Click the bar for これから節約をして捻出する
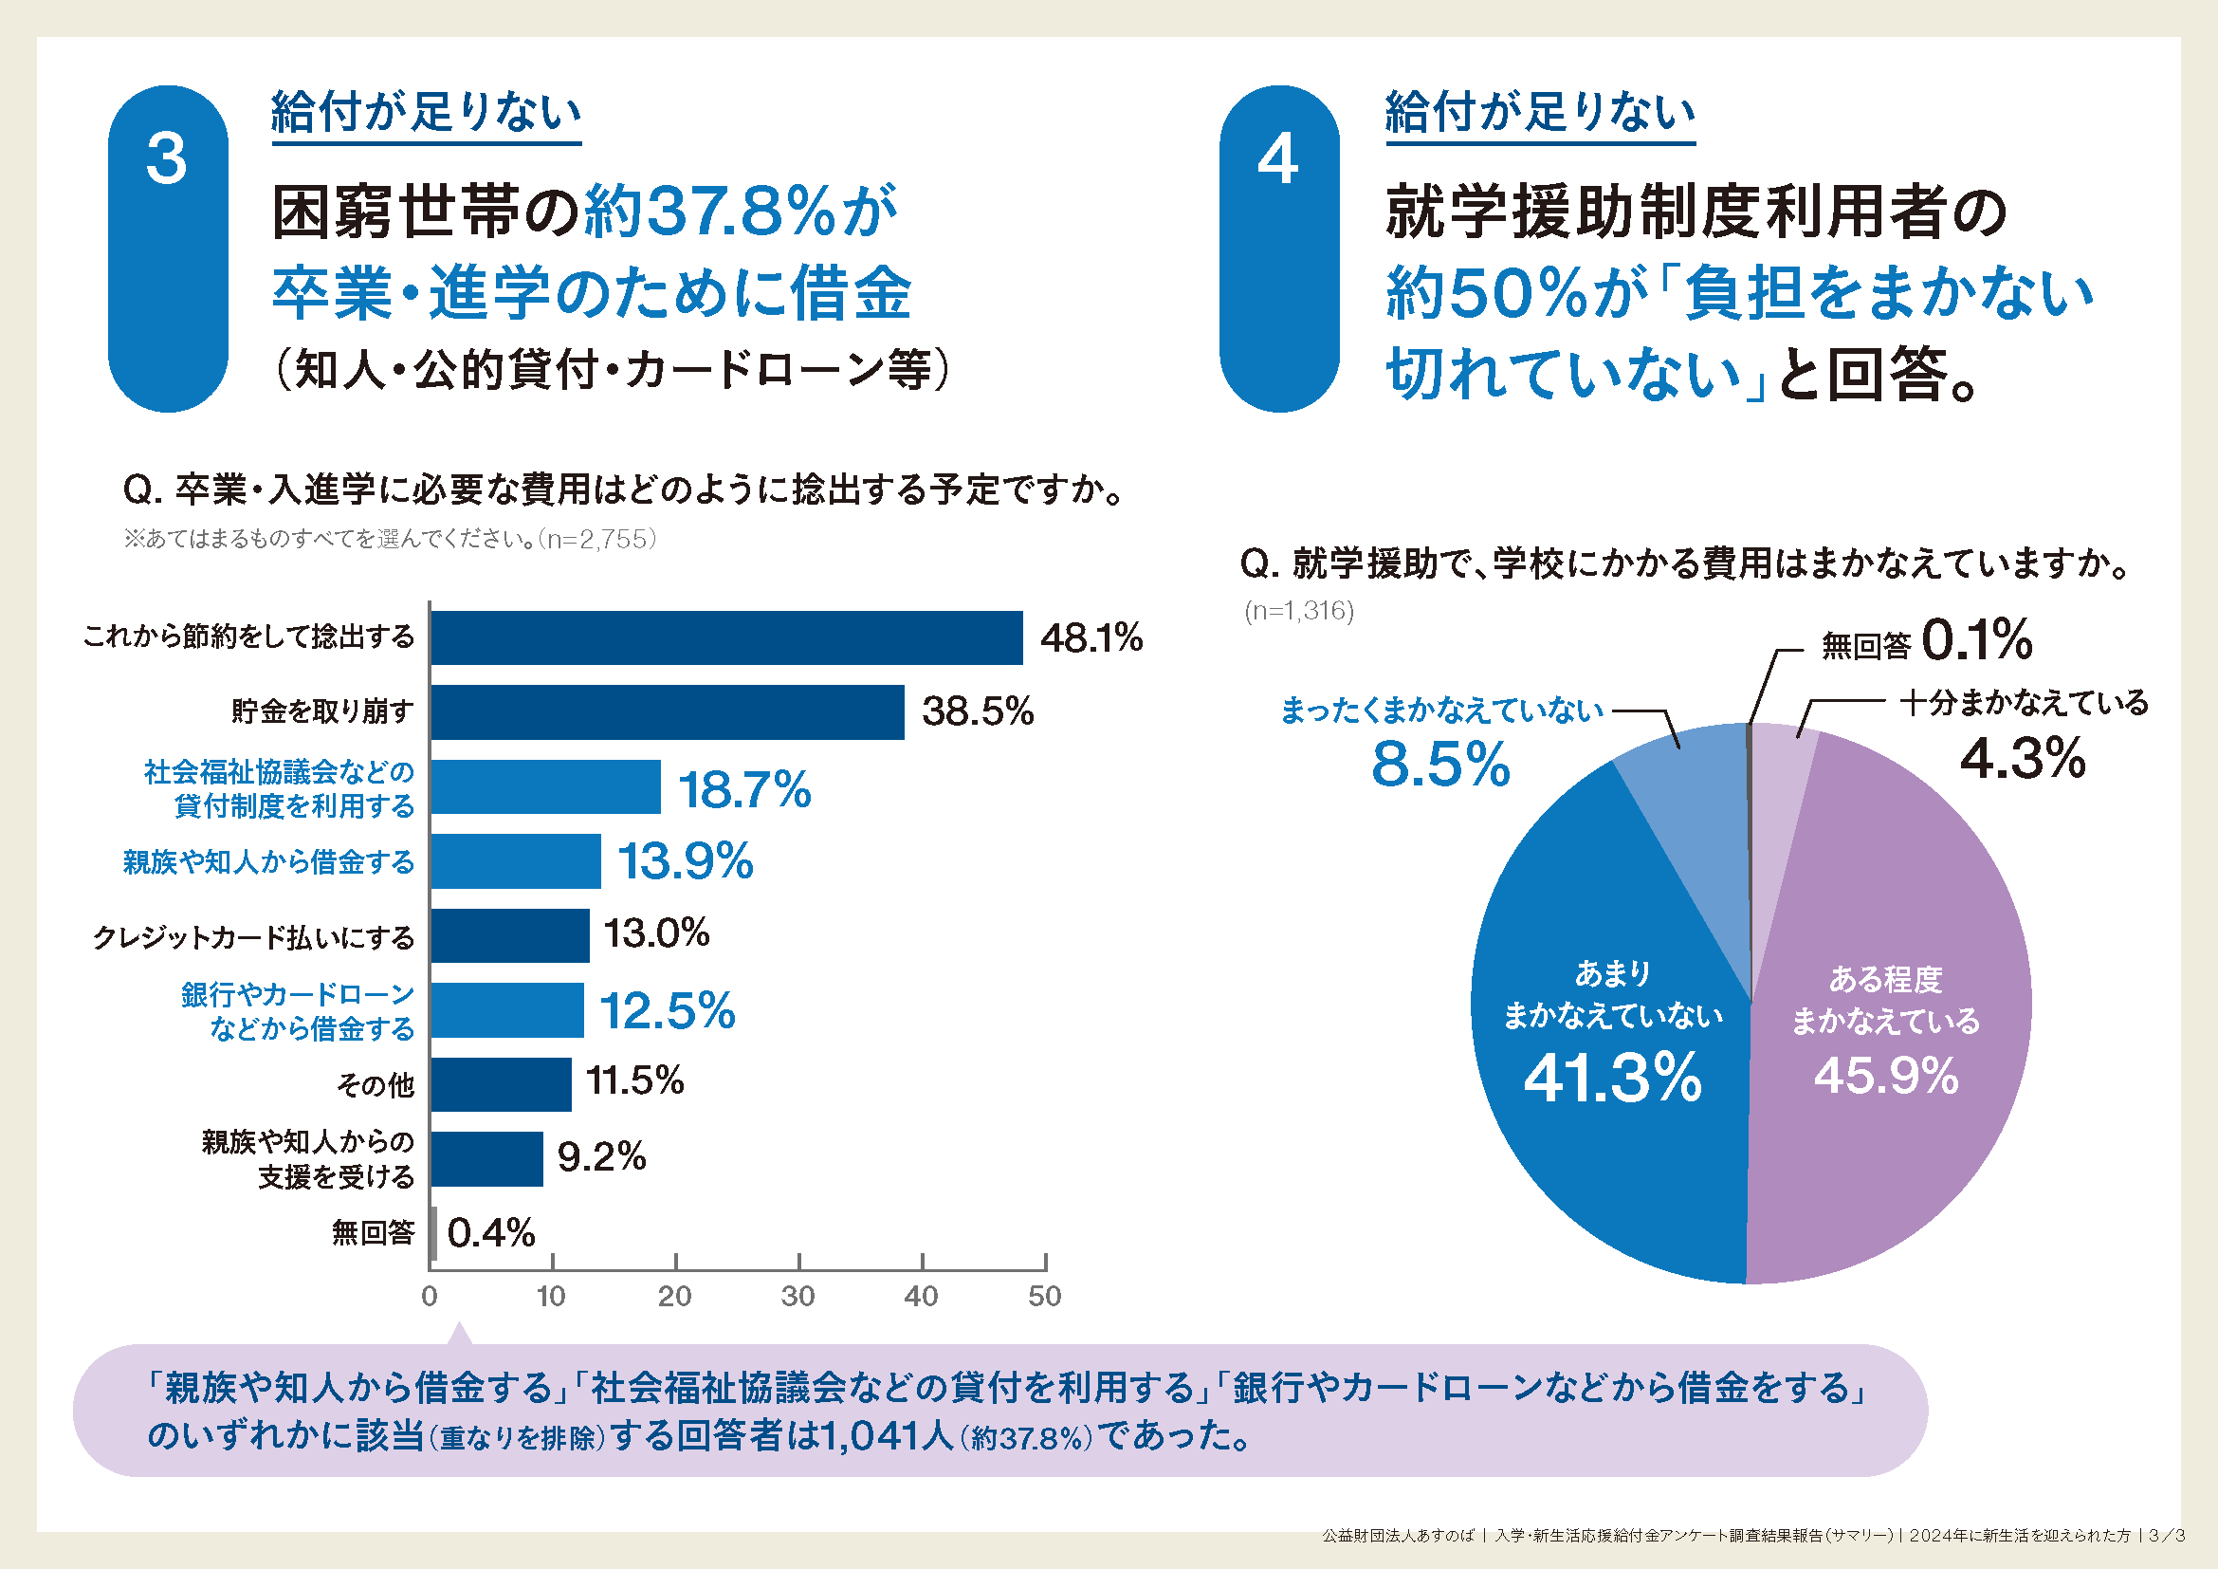click(x=726, y=637)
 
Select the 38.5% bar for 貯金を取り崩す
click(x=667, y=712)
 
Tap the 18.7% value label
click(x=743, y=789)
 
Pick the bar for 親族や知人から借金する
click(x=516, y=860)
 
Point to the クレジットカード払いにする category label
click(x=253, y=937)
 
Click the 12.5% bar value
click(x=667, y=1010)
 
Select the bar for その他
click(x=501, y=1084)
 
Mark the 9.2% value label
click(x=601, y=1156)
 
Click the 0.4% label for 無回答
click(x=491, y=1233)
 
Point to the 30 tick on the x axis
click(x=797, y=1296)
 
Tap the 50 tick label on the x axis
click(x=1044, y=1296)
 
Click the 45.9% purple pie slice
click(x=1894, y=1111)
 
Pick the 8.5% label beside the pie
click(x=1439, y=765)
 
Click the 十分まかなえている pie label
click(x=2024, y=702)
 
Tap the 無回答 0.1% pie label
click(x=1926, y=641)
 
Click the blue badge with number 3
click(x=168, y=249)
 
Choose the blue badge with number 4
click(x=1279, y=249)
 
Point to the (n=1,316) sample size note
click(x=1299, y=611)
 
